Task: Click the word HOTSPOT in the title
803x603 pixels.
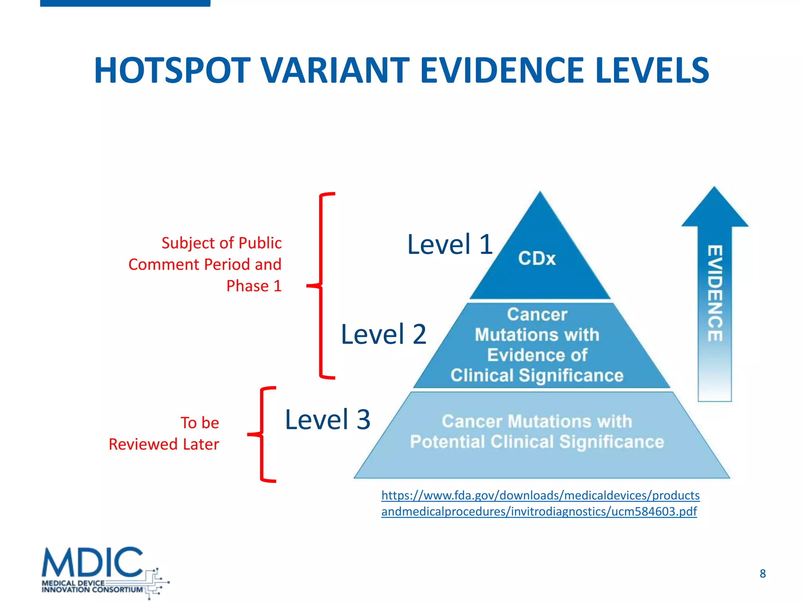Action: pos(172,71)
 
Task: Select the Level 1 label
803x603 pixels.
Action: pos(450,245)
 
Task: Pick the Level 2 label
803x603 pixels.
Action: pos(383,334)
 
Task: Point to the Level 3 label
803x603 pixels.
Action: pos(327,420)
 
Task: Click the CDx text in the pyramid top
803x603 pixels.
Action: pos(537,259)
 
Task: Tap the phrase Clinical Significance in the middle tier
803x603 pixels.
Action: pos(537,376)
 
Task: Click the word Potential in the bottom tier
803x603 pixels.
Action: pos(447,442)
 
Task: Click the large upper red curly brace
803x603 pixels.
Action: pos(322,286)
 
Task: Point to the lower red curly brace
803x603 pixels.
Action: pos(262,434)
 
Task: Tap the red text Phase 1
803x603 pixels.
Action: pos(254,286)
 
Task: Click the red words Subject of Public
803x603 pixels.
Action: pos(222,243)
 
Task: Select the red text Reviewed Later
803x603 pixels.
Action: pos(164,444)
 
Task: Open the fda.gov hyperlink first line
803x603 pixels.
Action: pos(540,495)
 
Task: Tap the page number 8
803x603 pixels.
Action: pos(762,574)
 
